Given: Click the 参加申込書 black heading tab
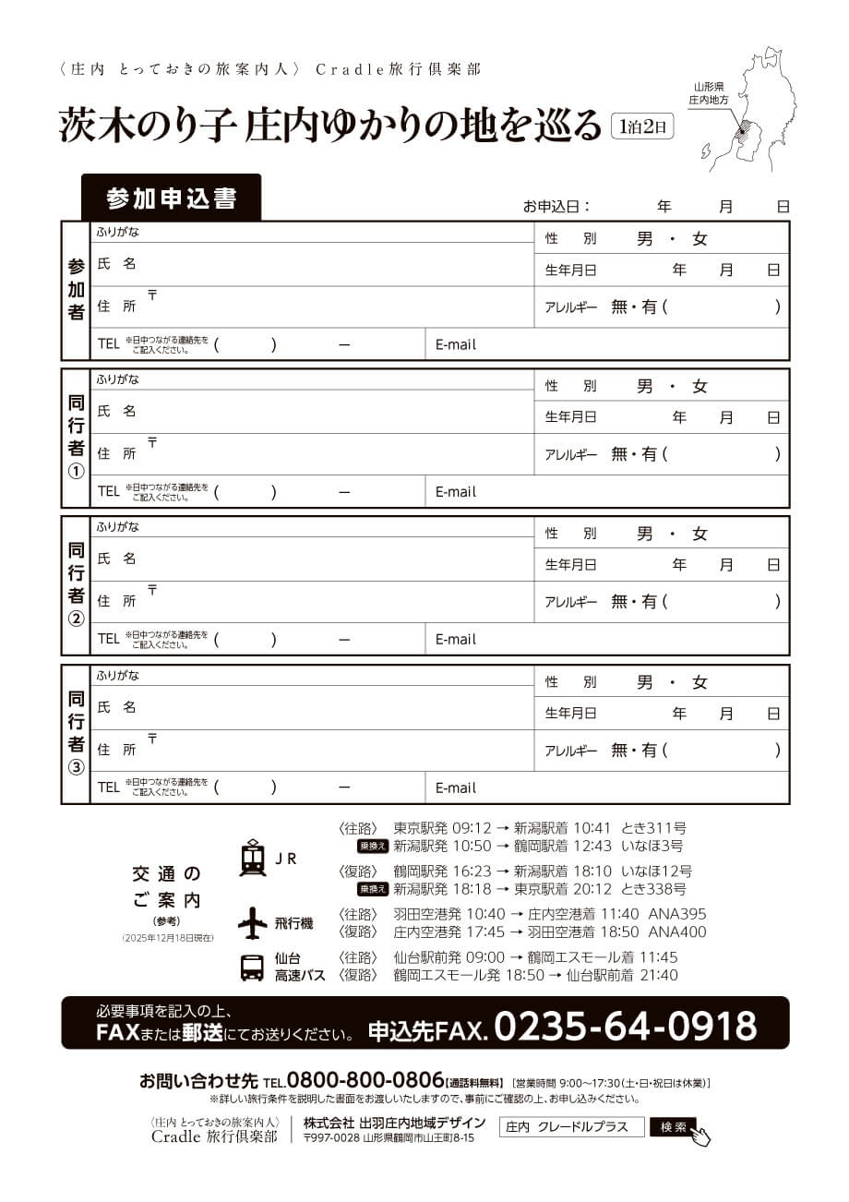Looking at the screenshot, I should (x=171, y=198).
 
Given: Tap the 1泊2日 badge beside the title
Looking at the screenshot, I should (x=642, y=125).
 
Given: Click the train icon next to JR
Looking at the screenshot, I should (x=252, y=858).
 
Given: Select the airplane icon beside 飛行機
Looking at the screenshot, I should (x=252, y=922).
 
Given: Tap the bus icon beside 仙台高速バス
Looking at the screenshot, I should (x=252, y=967).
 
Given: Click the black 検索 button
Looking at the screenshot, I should (x=674, y=1127).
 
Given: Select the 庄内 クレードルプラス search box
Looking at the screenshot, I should (x=571, y=1127).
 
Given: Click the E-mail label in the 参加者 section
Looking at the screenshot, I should (x=456, y=344).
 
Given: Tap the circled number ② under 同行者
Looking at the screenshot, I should (x=77, y=619).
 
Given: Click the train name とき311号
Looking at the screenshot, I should (x=653, y=828).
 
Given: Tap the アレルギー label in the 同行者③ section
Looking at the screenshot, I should (x=571, y=751).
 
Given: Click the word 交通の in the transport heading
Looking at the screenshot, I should (x=166, y=872).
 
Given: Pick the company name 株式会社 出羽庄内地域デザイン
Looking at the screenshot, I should (x=394, y=1123).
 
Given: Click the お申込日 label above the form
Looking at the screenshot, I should (x=556, y=207).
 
